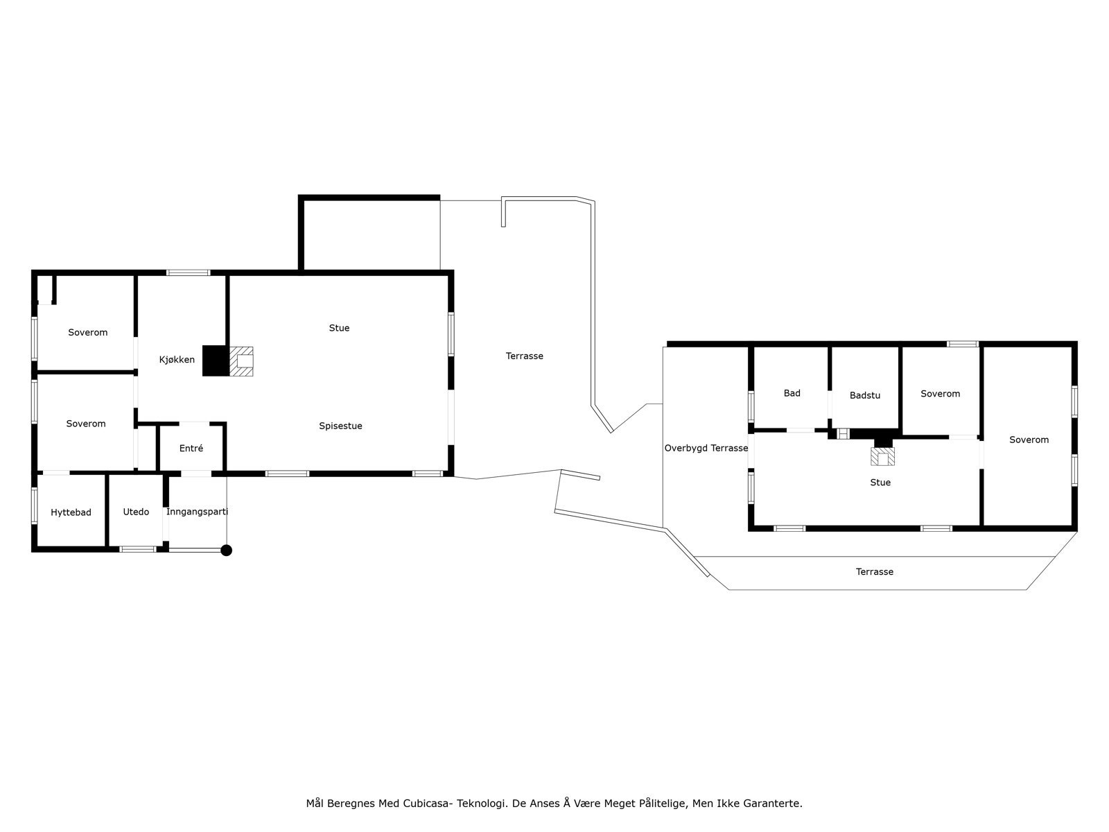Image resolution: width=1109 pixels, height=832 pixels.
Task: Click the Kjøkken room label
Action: coord(177,360)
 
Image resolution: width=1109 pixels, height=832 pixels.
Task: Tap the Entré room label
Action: coord(191,449)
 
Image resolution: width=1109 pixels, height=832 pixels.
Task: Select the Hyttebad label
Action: coord(71,512)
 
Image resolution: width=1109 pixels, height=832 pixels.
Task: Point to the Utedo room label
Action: coord(136,512)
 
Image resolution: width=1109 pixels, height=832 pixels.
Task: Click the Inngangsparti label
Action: coord(197,512)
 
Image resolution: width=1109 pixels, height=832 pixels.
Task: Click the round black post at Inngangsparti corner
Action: coord(226,551)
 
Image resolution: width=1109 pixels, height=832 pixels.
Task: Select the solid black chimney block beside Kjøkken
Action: coord(215,361)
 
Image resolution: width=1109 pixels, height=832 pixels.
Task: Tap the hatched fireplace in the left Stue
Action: coord(242,361)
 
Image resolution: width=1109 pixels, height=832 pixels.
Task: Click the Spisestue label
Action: coord(340,426)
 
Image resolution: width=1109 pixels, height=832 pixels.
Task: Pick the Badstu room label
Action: coord(864,395)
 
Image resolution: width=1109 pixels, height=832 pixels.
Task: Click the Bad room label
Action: coord(792,393)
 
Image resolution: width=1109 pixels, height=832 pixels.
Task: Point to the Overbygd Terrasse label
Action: coord(706,448)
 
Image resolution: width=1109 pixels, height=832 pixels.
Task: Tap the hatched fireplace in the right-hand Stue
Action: coord(883,457)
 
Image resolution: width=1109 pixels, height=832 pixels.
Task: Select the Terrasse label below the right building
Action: coord(874,572)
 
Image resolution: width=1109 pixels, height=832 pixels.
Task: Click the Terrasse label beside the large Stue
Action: coord(524,356)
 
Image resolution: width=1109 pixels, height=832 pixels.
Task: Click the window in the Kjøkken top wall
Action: coord(188,272)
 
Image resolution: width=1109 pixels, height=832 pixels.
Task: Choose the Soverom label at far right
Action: coord(1029,440)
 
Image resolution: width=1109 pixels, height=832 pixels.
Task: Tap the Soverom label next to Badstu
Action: coord(940,394)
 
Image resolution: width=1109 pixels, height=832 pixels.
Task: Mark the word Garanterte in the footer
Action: coord(772,804)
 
